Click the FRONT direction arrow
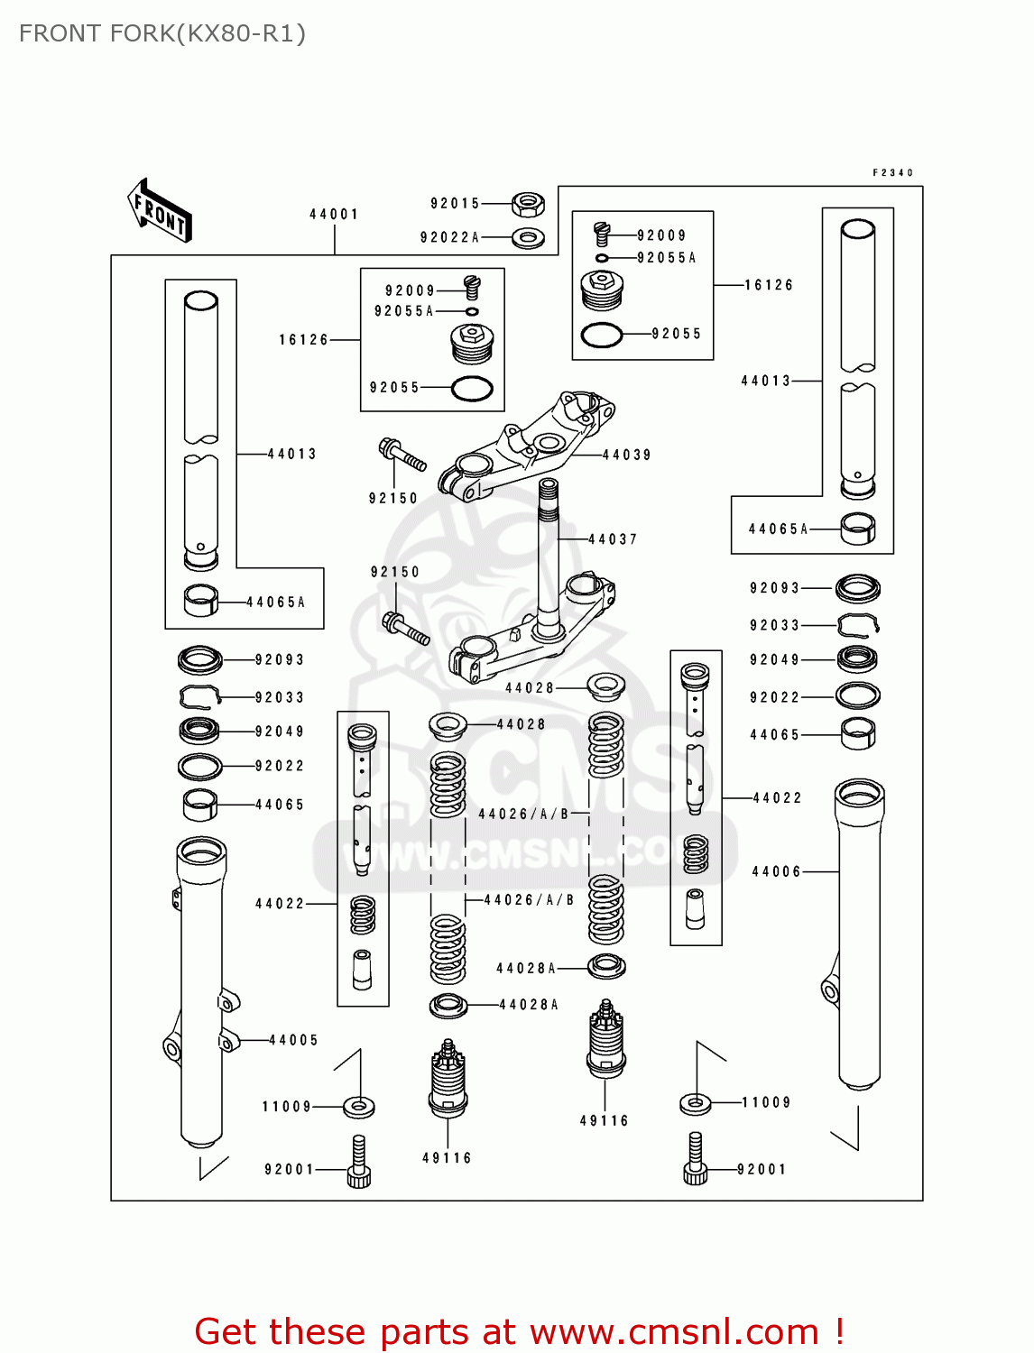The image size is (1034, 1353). click(x=160, y=211)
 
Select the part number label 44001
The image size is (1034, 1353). click(x=334, y=215)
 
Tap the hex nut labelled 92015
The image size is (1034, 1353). click(x=527, y=205)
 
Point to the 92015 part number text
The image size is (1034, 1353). click(x=455, y=204)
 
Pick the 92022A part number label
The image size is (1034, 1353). click(x=449, y=238)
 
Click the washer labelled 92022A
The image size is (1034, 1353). click(x=528, y=239)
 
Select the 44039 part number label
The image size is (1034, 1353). click(x=626, y=456)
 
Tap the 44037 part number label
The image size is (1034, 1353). click(x=613, y=539)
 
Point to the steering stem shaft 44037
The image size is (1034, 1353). click(x=548, y=550)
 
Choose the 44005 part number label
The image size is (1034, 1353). click(x=293, y=1040)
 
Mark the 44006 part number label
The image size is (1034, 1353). click(x=776, y=871)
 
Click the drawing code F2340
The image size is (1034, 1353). click(x=892, y=172)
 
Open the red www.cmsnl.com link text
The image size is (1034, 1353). click(x=674, y=1331)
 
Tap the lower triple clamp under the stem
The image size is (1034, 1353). click(x=532, y=631)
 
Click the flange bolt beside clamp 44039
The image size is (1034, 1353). click(x=402, y=455)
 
